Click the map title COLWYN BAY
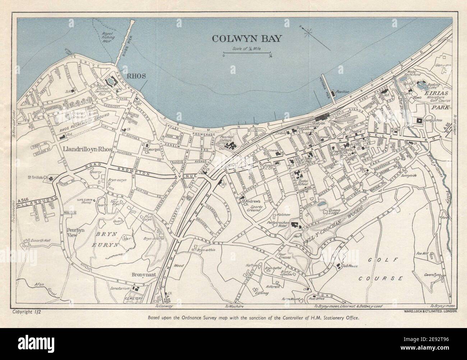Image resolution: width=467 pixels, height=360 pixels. pyautogui.click(x=246, y=38)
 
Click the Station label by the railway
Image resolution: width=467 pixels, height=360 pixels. pyautogui.click(x=319, y=123)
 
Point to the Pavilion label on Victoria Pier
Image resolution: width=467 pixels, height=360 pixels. pyautogui.click(x=343, y=92)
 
